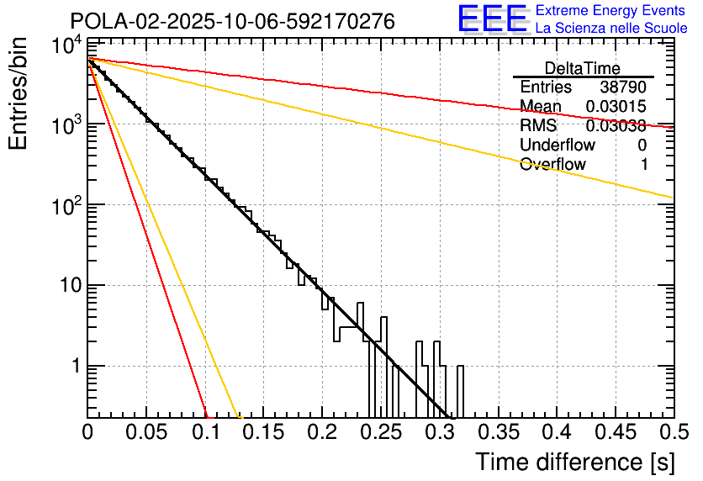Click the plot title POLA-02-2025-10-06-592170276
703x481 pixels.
click(x=231, y=21)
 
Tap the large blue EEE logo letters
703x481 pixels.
click(x=492, y=19)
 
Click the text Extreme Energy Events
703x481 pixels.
click(x=611, y=11)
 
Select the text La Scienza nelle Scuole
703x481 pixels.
click(x=611, y=29)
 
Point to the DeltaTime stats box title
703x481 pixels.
click(x=583, y=68)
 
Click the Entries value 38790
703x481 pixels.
click(x=623, y=87)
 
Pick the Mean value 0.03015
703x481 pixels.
click(x=616, y=106)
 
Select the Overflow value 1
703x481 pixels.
click(x=644, y=165)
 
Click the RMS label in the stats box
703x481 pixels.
click(x=538, y=126)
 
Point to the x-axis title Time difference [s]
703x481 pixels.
click(x=574, y=462)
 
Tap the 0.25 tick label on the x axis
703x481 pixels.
click(x=380, y=432)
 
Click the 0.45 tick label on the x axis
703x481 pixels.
click(x=615, y=432)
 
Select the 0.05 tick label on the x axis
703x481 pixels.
click(x=146, y=432)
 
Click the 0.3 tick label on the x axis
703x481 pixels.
click(x=439, y=432)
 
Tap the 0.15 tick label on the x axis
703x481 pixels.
click(x=263, y=432)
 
